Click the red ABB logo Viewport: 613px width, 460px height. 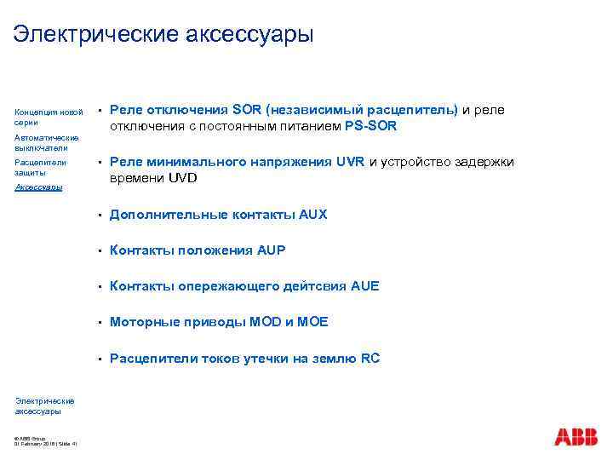pos(576,437)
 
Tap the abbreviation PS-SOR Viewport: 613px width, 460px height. pos(371,127)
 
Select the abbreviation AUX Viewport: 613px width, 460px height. pos(312,215)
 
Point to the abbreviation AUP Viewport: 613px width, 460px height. pos(272,250)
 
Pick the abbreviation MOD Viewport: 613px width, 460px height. pos(266,322)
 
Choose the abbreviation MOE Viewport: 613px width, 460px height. pos(312,322)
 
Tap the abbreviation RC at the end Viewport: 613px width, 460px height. pos(370,358)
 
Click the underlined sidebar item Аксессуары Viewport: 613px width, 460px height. pos(38,187)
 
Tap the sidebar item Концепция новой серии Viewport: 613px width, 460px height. pos(49,117)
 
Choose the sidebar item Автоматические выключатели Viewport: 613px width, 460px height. pos(46,141)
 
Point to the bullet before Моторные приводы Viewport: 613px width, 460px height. pos(100,323)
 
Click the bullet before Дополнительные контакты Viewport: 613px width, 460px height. pos(100,216)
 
